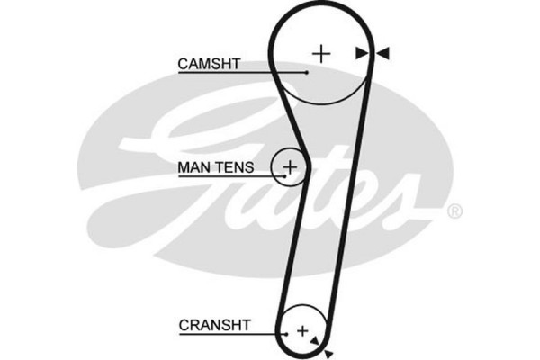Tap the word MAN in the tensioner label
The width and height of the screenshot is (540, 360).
194,166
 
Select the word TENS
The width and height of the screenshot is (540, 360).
235,166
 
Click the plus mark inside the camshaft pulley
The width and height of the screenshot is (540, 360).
322,53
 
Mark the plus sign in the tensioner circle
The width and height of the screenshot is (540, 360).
291,166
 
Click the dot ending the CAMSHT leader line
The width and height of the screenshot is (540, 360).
307,72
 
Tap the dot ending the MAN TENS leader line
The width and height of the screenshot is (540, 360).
285,175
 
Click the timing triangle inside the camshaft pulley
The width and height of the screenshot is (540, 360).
362,54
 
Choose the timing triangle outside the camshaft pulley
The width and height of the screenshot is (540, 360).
382,54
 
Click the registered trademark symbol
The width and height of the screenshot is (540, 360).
454,211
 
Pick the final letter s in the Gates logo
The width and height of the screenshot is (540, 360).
409,202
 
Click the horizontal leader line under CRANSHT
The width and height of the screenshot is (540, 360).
225,333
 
